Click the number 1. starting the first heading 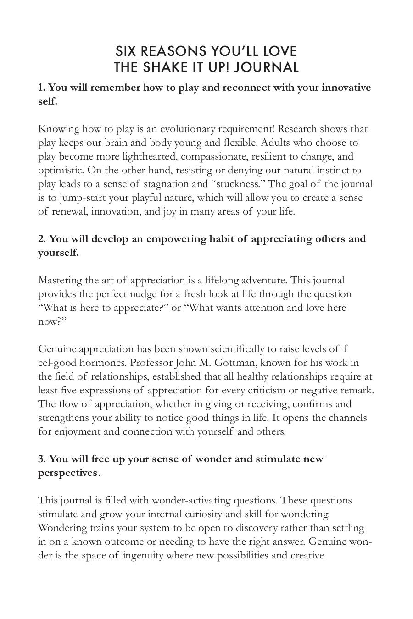coord(42,87)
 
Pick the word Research coord(297,129)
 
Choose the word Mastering coord(58,280)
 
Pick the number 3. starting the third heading coord(42,459)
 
